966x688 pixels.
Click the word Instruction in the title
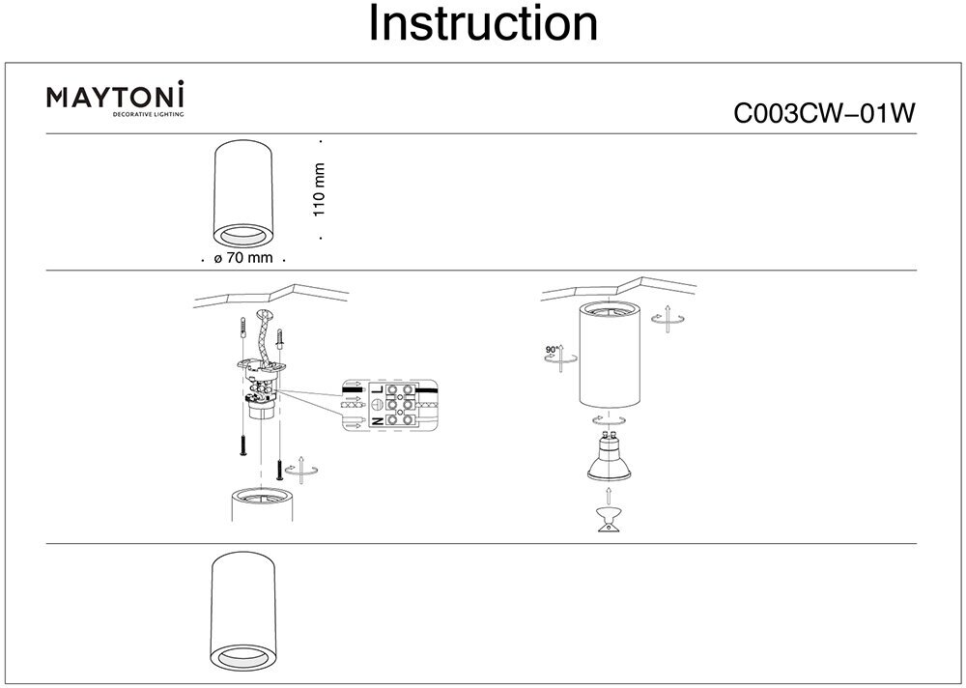483,25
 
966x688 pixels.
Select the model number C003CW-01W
824,114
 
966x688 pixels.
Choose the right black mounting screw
279,471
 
